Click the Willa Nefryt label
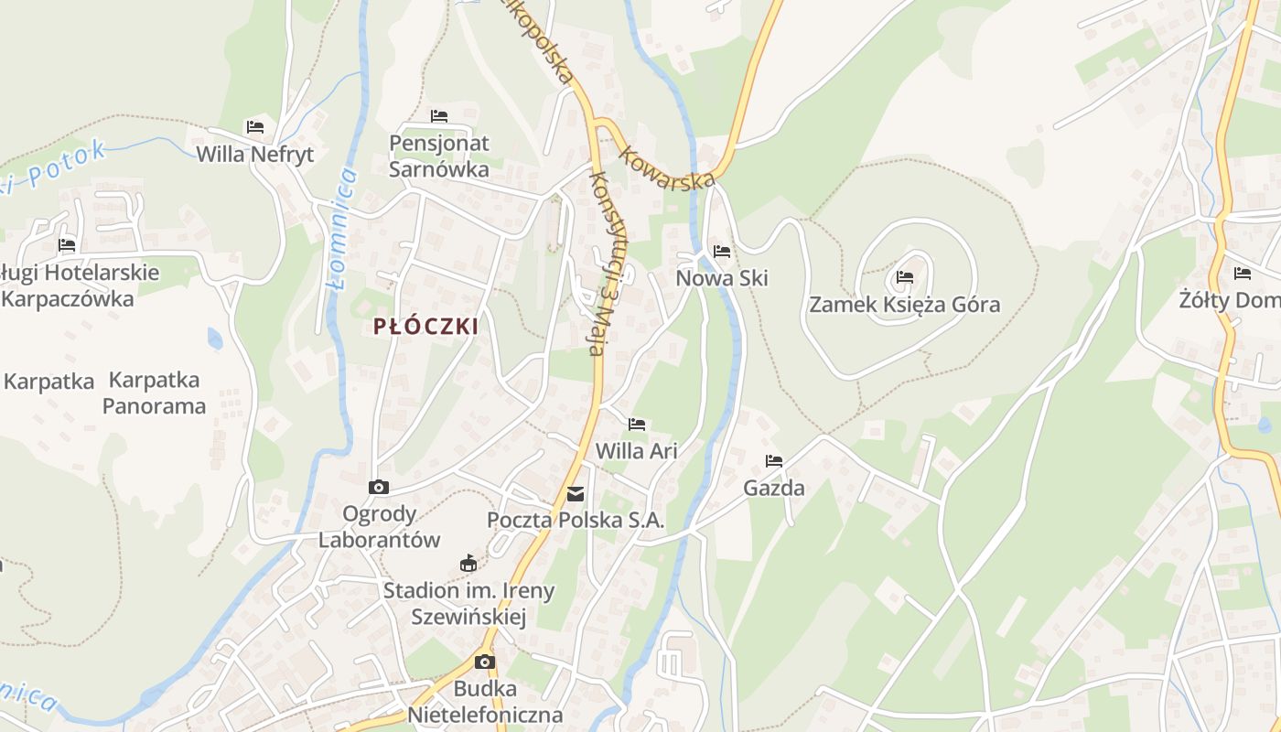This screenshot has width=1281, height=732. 255,154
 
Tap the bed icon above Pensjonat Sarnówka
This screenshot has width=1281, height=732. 439,116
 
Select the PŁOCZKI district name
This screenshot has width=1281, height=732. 425,327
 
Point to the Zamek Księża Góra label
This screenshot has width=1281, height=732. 904,305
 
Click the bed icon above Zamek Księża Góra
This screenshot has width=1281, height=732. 905,276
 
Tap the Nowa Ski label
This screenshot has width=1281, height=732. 722,278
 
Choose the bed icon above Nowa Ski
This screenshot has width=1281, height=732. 722,251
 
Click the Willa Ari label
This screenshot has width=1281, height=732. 636,451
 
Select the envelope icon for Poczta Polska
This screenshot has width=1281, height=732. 576,494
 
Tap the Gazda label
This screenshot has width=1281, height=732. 774,488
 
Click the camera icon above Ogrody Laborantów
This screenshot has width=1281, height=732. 379,487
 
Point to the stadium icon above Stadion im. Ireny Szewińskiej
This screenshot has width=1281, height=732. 468,562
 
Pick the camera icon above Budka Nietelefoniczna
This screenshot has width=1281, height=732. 485,662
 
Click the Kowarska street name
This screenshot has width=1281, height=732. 666,167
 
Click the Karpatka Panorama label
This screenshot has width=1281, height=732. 154,393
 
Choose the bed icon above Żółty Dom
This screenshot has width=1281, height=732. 1242,273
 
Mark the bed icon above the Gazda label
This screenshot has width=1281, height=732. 774,460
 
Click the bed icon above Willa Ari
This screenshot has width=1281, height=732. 637,424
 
